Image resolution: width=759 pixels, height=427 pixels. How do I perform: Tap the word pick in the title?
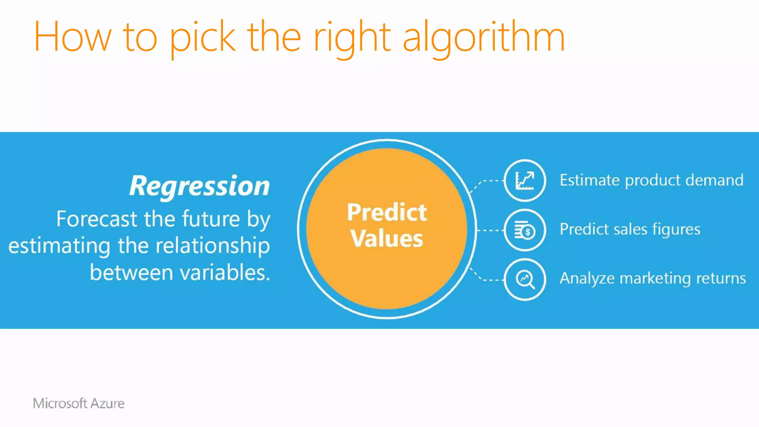202,37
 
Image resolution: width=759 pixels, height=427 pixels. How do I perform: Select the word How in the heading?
72,37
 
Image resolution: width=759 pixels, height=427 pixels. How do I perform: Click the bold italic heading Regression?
199,186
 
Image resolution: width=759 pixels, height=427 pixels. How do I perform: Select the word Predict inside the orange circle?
387,212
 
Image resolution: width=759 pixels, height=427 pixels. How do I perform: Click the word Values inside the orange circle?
387,238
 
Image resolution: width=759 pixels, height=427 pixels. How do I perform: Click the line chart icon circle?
525,181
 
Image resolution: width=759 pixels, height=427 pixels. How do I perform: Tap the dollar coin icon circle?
525,230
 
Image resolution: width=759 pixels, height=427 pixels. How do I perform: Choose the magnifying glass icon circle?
525,279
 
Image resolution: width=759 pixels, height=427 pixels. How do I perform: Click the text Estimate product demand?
651,181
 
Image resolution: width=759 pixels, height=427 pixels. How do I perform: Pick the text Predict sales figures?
630,229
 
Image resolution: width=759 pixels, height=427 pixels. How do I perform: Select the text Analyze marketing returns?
652,278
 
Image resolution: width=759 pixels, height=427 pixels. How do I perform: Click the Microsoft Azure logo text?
79,403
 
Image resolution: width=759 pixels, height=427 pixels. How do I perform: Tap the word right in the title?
352,37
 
